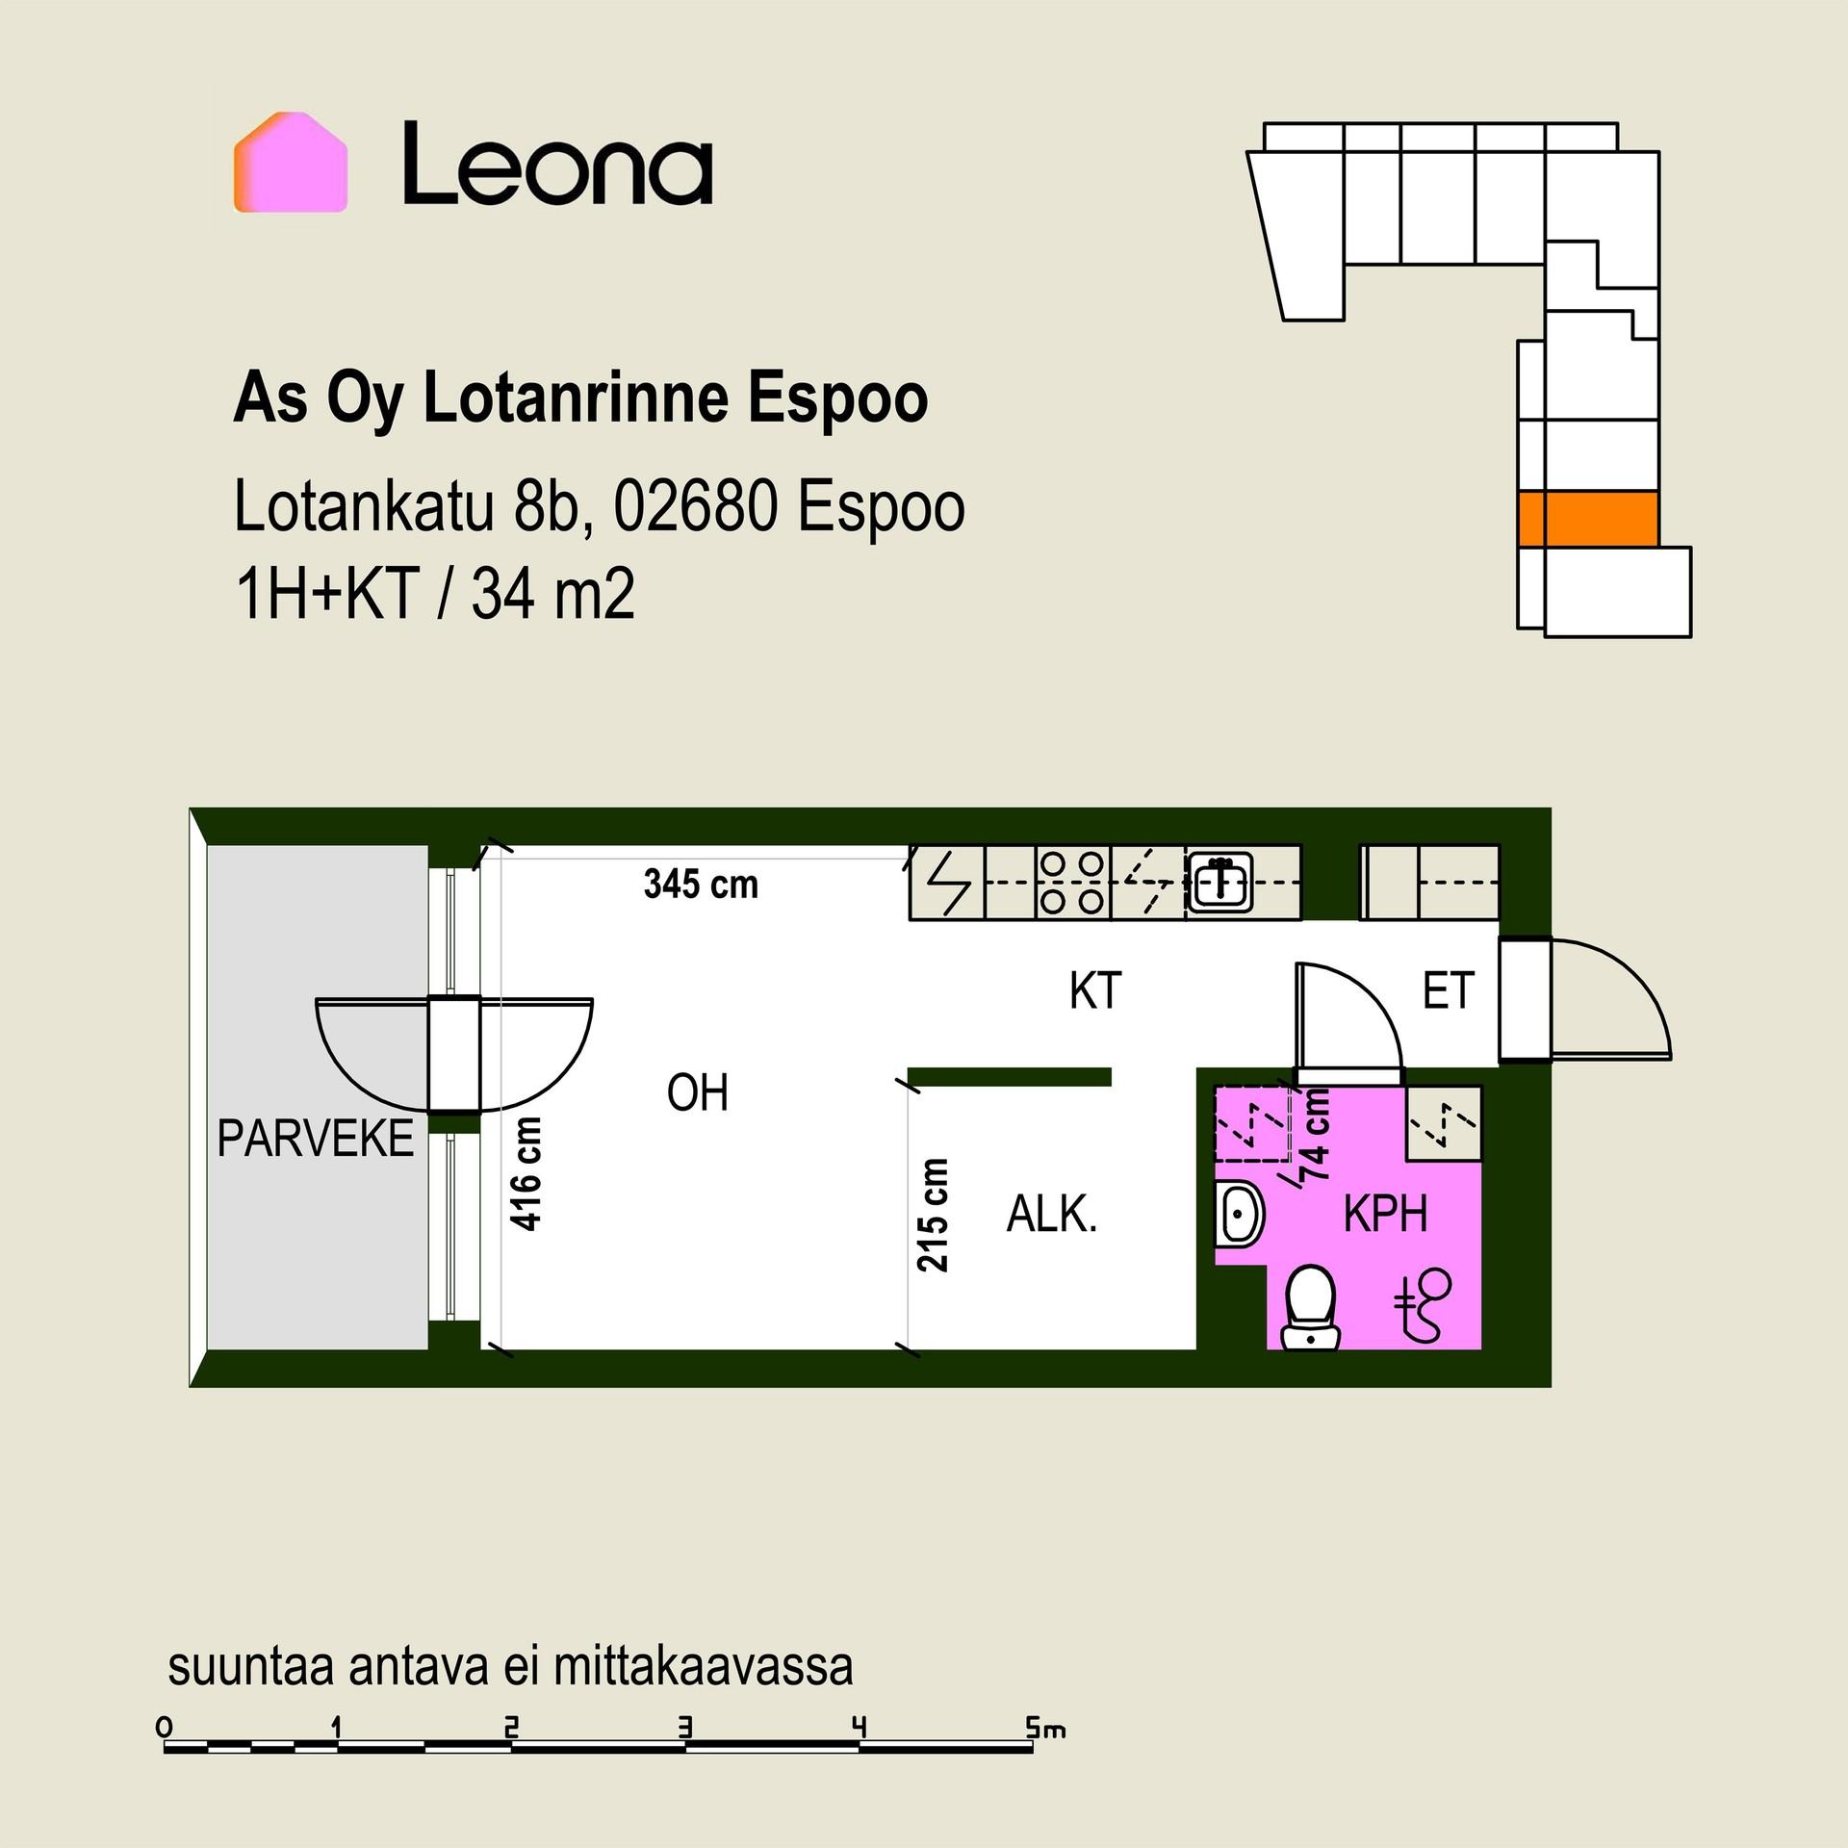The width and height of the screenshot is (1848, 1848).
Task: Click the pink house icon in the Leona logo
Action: click(x=290, y=162)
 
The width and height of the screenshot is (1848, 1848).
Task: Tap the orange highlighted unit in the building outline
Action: click(x=1587, y=519)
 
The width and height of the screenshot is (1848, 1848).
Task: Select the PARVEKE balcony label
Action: click(x=315, y=1139)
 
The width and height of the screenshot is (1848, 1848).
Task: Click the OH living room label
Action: click(x=697, y=1093)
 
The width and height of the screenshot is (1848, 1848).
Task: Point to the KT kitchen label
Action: click(x=1095, y=990)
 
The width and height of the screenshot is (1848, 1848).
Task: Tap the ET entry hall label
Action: click(x=1448, y=990)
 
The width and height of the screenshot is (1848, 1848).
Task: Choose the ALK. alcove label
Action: click(x=1052, y=1215)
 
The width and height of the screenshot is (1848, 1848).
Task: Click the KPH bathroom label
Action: click(x=1385, y=1215)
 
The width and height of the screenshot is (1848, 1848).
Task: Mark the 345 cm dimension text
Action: click(x=701, y=885)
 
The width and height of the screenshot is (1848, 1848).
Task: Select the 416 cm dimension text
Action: click(x=526, y=1173)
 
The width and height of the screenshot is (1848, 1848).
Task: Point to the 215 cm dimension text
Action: click(x=933, y=1215)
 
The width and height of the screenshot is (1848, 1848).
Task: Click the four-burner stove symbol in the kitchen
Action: click(x=1073, y=883)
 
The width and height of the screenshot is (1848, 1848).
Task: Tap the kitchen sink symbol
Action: click(x=1219, y=882)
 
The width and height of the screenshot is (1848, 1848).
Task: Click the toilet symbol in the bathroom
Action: click(x=1310, y=1308)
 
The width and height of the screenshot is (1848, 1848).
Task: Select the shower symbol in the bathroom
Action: click(x=1423, y=1304)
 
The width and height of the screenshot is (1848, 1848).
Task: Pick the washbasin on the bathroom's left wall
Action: click(x=1239, y=1215)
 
